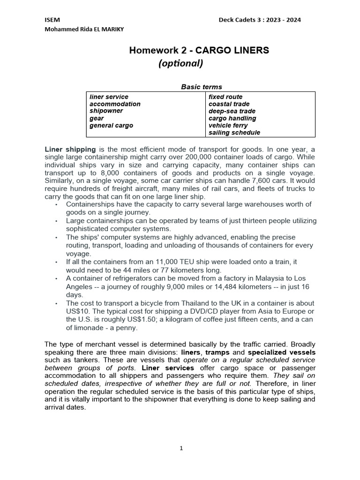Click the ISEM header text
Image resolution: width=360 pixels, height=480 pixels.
point(52,20)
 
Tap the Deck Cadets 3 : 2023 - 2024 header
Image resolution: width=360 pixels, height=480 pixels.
point(260,20)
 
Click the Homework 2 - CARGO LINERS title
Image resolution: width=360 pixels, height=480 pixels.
point(199,51)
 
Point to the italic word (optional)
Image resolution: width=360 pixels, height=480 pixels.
point(181,63)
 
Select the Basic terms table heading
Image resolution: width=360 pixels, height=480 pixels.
point(202,87)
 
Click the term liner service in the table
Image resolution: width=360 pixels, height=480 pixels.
point(109,97)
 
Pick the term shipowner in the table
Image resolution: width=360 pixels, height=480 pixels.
point(106,111)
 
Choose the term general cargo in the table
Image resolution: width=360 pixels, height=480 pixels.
point(111,126)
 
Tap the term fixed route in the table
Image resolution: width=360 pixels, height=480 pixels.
point(225,97)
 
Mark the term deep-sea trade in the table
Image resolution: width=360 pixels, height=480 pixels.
point(232,111)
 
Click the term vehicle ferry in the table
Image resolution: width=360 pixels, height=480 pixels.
point(229,126)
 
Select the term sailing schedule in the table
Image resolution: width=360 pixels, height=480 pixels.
point(234,133)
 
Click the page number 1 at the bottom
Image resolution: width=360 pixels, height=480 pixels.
point(181,448)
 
